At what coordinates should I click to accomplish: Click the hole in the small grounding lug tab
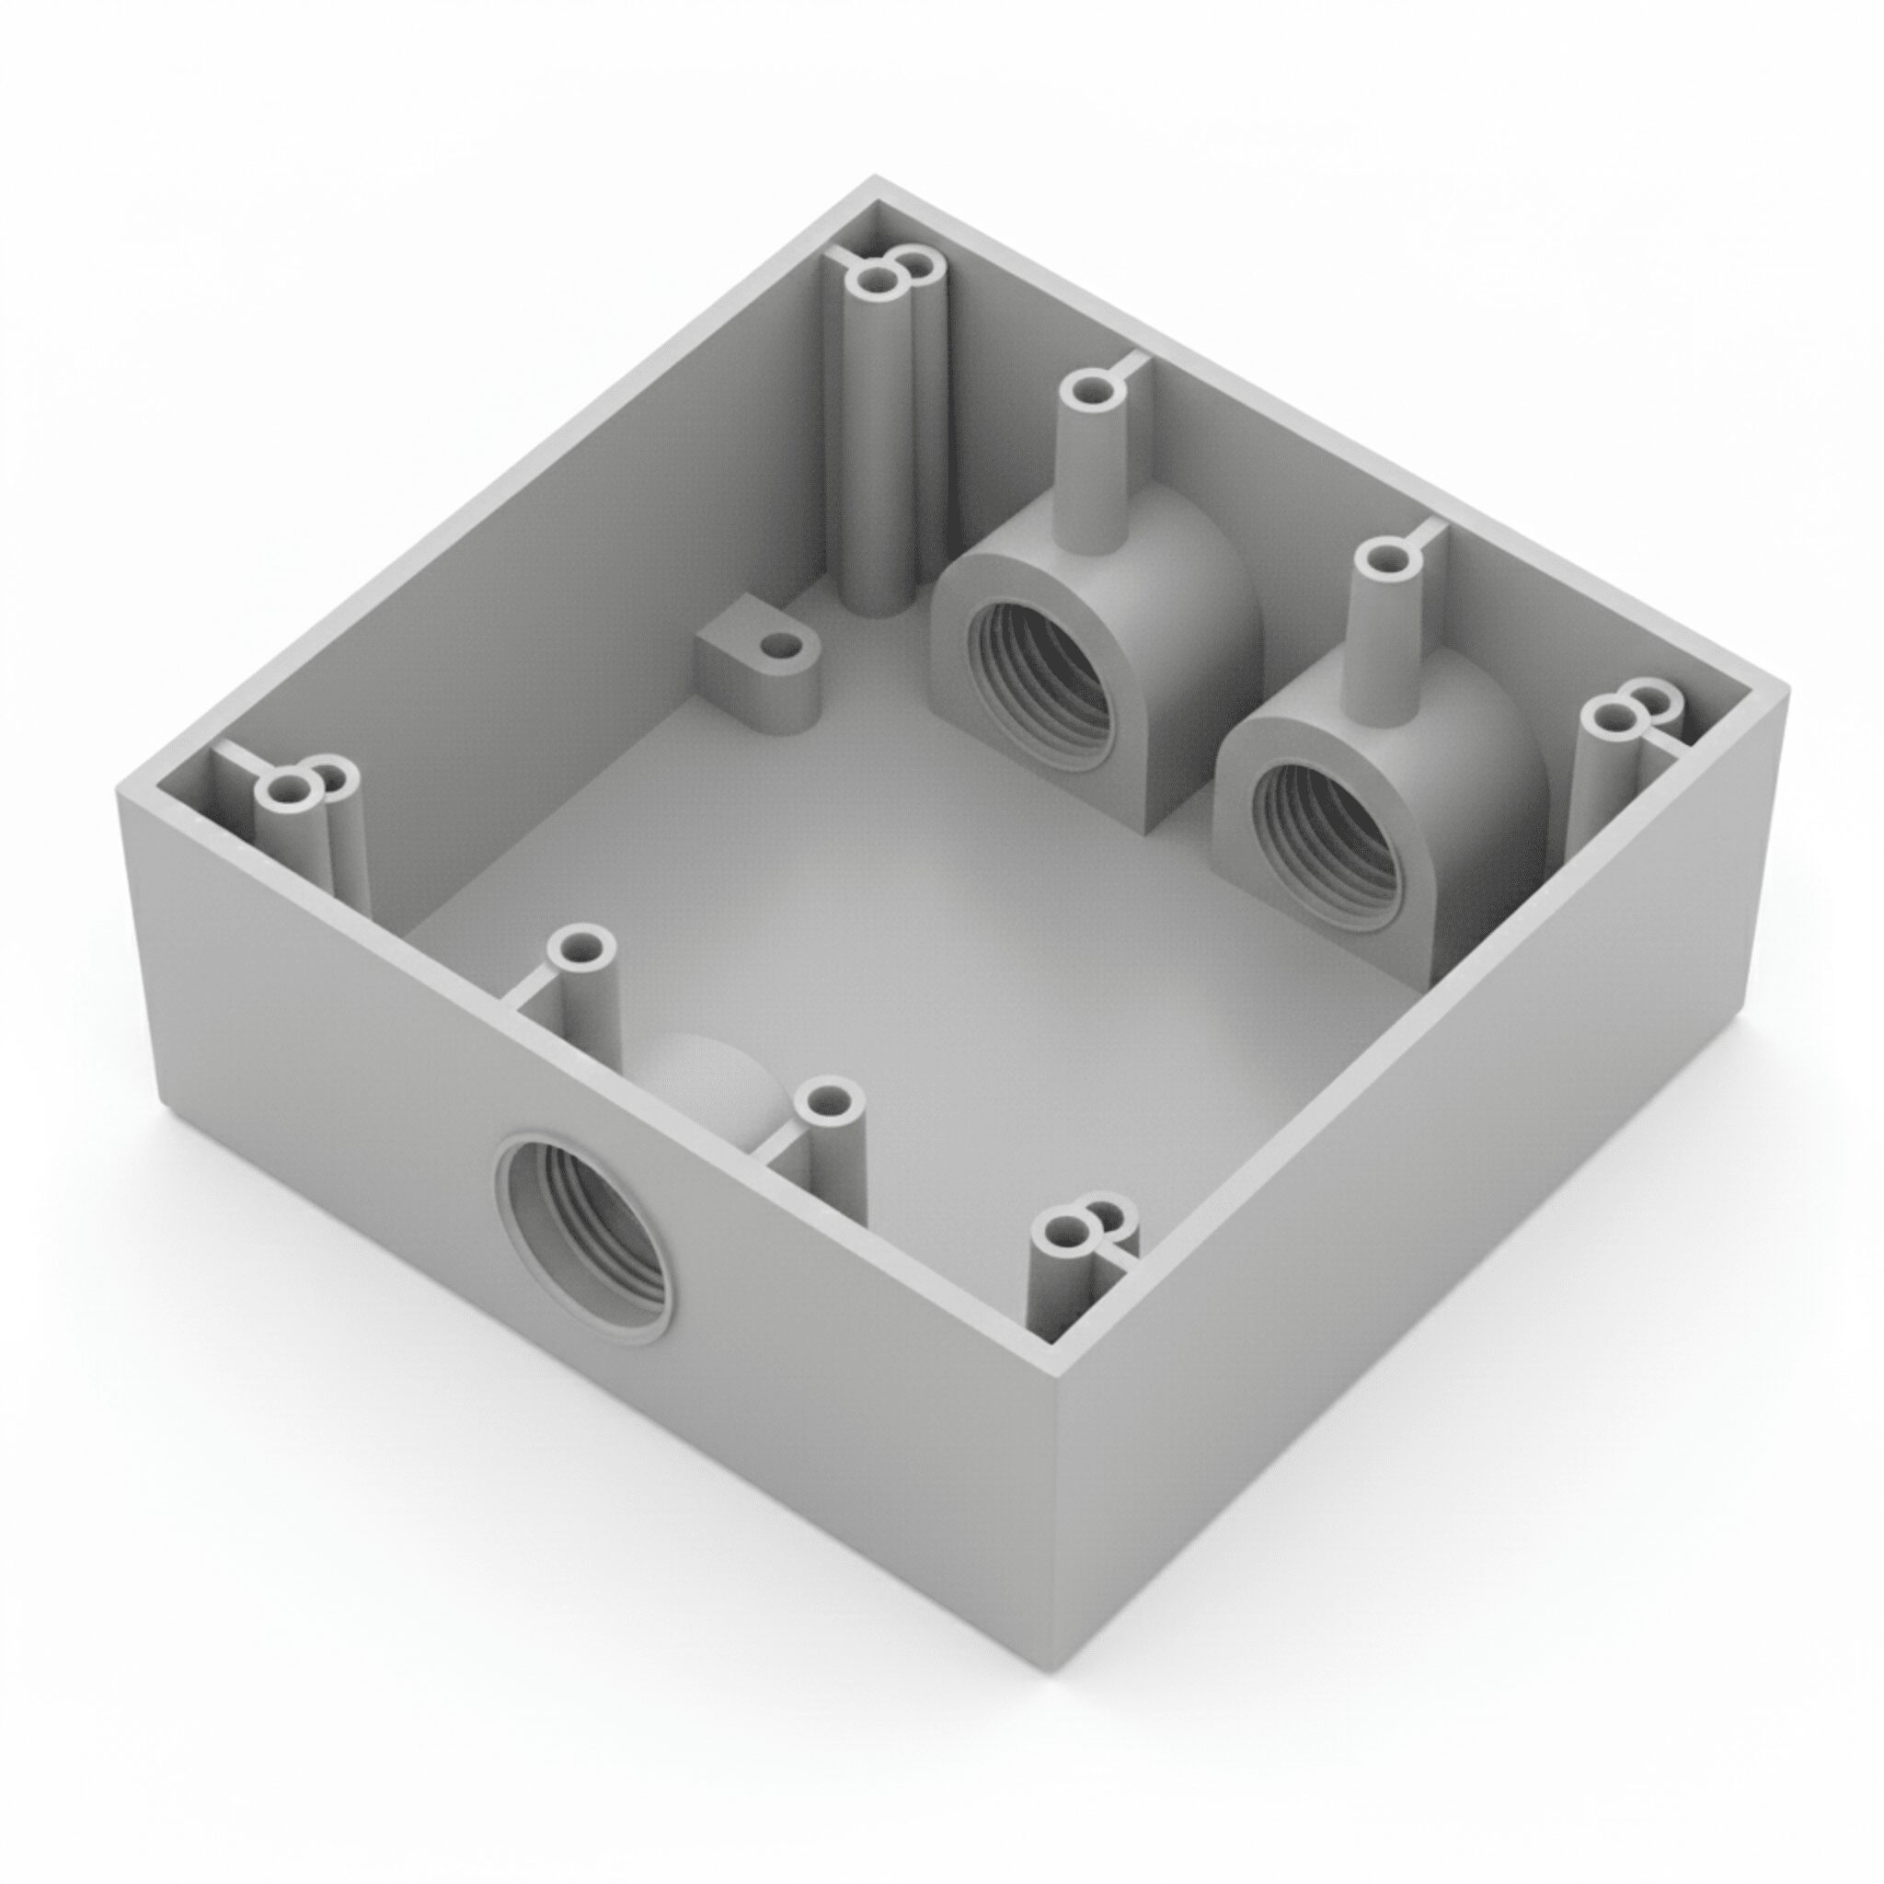coord(778,646)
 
